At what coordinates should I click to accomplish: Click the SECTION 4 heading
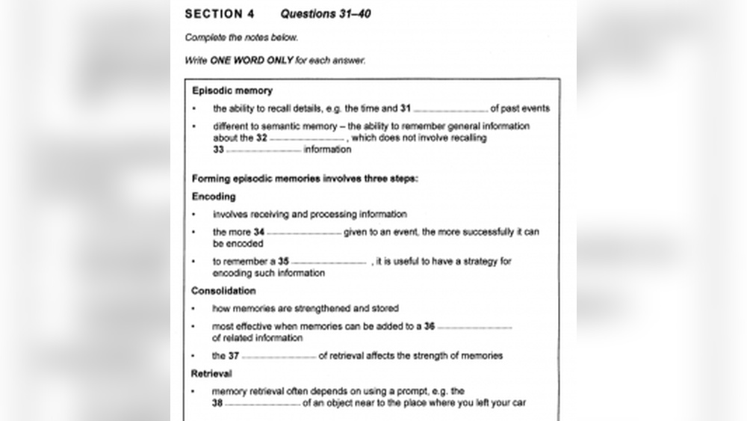tap(214, 13)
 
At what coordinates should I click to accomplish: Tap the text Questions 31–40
tap(325, 13)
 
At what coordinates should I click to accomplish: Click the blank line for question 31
tap(450, 109)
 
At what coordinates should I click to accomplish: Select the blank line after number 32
tap(307, 138)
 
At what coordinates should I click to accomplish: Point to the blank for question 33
tap(264, 150)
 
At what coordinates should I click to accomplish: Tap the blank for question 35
tap(329, 262)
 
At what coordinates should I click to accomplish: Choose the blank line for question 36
tap(474, 327)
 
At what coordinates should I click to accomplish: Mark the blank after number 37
tap(279, 357)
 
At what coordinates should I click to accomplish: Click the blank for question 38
tap(263, 404)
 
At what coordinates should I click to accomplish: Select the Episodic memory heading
tap(232, 91)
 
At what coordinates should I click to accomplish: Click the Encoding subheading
tap(214, 197)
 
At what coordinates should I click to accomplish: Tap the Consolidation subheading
tap(223, 291)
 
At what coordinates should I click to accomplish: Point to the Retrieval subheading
tap(211, 374)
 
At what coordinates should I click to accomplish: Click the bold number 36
tap(429, 327)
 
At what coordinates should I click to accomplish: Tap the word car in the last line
tap(518, 403)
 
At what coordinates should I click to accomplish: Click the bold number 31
tap(406, 108)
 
